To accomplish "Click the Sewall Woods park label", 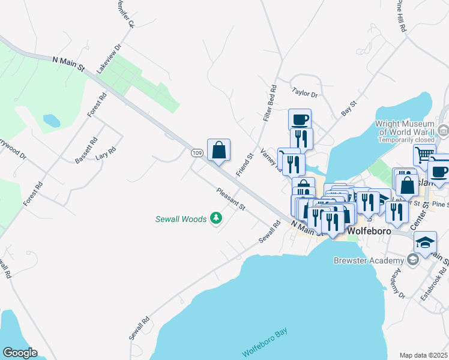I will tap(179, 219).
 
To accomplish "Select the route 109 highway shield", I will tap(197, 154).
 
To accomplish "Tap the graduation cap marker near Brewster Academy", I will tap(425, 244).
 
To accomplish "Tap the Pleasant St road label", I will tap(232, 198).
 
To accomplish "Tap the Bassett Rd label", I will tap(86, 150).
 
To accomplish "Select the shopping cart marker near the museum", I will tap(424, 154).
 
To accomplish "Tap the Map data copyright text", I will tap(423, 355).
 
